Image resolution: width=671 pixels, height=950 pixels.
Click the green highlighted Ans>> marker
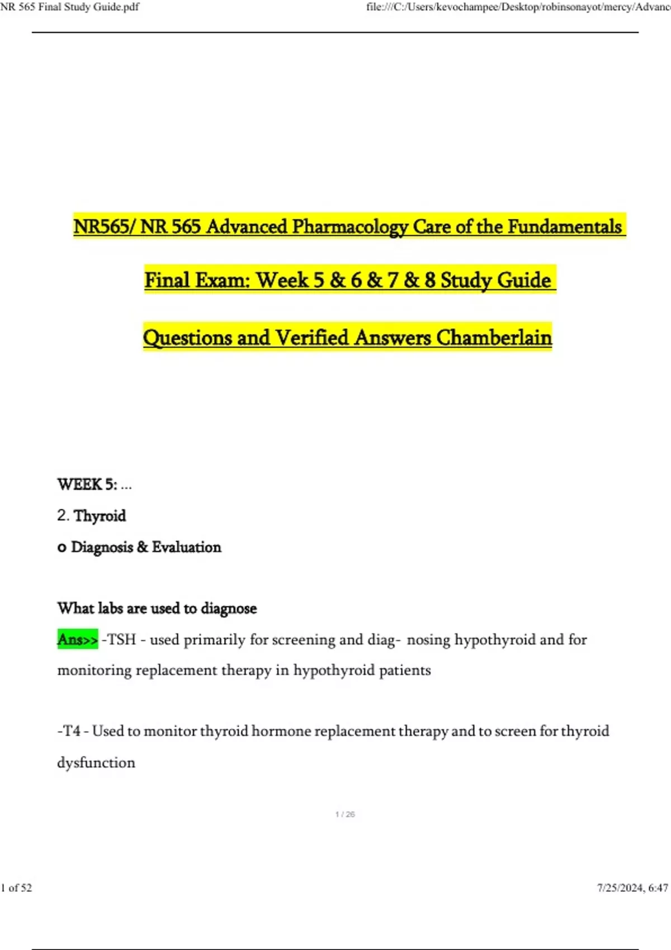tap(78, 639)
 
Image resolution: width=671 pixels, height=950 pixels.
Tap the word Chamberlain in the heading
tap(494, 338)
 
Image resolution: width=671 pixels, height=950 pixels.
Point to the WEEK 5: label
tap(87, 484)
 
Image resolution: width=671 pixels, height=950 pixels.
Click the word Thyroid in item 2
tap(100, 516)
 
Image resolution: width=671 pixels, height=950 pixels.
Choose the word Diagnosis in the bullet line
tap(102, 547)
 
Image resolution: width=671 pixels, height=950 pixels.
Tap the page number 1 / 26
tap(345, 814)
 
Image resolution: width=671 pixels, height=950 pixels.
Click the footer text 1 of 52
tap(17, 888)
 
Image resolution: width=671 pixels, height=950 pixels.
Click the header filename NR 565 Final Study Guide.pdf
tap(70, 7)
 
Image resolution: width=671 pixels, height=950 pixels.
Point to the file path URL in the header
tap(518, 7)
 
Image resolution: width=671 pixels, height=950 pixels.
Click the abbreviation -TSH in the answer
tap(119, 639)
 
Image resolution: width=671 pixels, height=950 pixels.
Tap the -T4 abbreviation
tap(69, 731)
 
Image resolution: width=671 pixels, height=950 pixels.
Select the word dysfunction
tap(96, 763)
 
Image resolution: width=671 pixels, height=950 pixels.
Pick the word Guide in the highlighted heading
tap(524, 280)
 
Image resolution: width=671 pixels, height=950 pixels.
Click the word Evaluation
tap(186, 547)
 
